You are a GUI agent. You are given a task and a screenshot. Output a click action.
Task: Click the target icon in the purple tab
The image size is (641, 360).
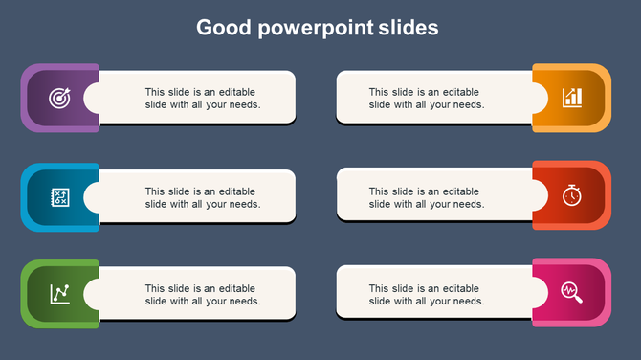(59, 98)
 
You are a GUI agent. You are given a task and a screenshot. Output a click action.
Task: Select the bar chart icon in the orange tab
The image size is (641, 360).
(572, 98)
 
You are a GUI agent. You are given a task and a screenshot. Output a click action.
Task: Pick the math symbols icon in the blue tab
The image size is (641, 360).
(59, 197)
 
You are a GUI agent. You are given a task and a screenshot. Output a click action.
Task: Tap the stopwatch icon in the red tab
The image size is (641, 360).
(571, 195)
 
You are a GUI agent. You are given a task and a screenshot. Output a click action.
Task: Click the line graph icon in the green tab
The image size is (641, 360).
(59, 293)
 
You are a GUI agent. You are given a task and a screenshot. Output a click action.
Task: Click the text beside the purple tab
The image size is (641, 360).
(203, 99)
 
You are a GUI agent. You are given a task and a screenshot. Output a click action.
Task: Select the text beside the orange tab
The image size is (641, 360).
(427, 99)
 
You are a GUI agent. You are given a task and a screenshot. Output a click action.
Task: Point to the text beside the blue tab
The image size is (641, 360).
(203, 197)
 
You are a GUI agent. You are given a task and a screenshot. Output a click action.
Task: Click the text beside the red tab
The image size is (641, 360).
(427, 197)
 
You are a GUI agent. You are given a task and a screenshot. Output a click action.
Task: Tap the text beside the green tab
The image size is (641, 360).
(203, 294)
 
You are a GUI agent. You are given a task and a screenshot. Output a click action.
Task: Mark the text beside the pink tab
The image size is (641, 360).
(427, 294)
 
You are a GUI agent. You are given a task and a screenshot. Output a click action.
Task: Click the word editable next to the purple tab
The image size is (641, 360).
(236, 92)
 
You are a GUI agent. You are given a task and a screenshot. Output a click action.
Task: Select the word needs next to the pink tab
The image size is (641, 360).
(469, 301)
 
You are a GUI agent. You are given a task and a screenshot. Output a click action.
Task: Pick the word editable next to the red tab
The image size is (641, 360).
(460, 191)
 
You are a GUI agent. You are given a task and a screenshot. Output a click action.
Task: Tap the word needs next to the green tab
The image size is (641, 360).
(245, 301)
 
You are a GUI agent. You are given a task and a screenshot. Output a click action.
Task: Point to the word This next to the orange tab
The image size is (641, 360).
(380, 92)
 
